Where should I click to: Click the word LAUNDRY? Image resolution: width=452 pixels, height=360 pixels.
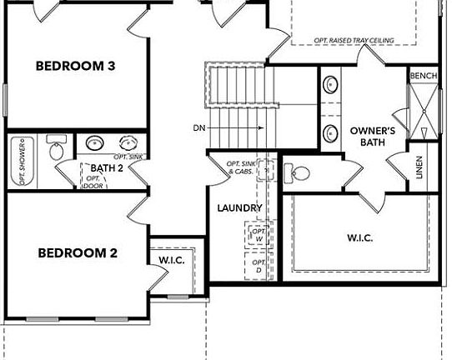pos(240,208)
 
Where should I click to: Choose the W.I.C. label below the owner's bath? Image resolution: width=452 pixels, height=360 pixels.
pos(359,237)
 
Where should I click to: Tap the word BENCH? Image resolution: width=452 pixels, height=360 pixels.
pos(423,76)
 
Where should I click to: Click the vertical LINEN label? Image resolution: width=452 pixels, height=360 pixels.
pos(419,169)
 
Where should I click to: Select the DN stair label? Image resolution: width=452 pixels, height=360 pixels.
pos(198,127)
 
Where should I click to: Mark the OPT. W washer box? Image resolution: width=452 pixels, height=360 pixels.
pos(257,234)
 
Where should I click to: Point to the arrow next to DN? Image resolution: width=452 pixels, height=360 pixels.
pos(250,127)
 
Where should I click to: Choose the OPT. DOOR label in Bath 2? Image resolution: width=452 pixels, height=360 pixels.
pos(93,182)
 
